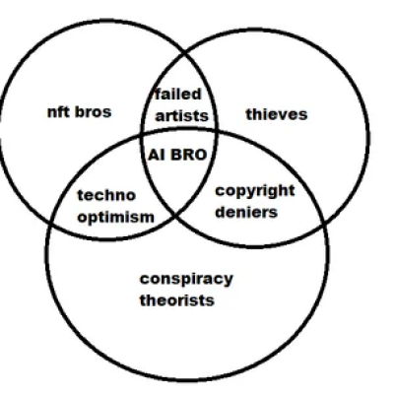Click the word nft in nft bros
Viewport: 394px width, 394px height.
[x=59, y=112]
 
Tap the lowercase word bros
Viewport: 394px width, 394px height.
[x=94, y=112]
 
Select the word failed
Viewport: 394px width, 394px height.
[x=178, y=95]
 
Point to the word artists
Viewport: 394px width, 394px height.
[x=181, y=116]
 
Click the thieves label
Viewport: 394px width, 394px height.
[x=277, y=114]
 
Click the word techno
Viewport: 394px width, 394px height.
[x=106, y=195]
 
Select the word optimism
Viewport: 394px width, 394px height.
[x=116, y=217]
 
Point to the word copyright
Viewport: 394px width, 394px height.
[x=255, y=191]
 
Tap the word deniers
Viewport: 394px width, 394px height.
[x=246, y=212]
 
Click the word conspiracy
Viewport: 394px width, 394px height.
[x=186, y=280]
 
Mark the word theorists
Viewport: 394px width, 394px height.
[x=177, y=300]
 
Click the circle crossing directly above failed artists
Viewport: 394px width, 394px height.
[x=185, y=52]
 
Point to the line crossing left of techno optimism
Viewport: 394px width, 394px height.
[x=51, y=221]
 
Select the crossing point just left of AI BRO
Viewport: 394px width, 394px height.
[x=141, y=136]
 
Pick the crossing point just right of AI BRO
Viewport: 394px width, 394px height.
[x=216, y=131]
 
